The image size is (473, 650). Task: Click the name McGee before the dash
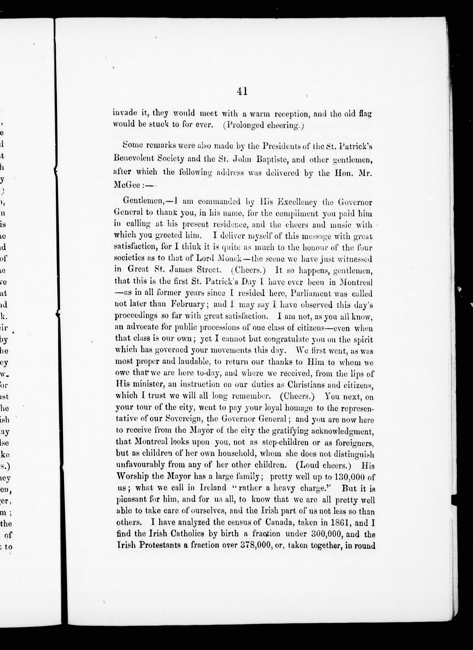[127, 185]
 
